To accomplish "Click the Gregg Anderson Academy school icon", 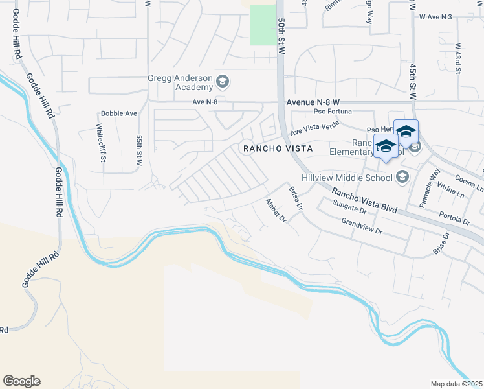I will click(x=223, y=81).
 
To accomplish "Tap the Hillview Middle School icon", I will click(x=402, y=177).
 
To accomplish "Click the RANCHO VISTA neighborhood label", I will click(x=278, y=148).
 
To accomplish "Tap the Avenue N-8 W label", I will click(x=313, y=102).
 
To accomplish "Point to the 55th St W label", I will click(x=138, y=151).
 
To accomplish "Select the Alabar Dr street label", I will click(x=276, y=211).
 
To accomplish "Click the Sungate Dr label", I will click(x=349, y=208).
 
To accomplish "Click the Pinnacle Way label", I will click(x=428, y=188).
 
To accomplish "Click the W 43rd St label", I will click(x=457, y=59).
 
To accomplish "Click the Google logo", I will click(x=21, y=381).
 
